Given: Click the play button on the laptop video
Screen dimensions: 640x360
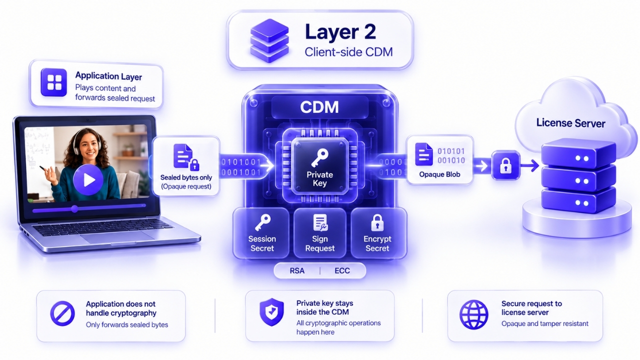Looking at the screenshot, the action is tap(88, 179).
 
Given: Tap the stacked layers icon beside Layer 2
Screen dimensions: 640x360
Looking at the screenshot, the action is tap(269, 40).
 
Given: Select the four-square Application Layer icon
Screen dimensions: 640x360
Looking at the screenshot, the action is tap(54, 82).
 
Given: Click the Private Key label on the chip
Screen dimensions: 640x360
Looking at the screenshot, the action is tap(319, 179).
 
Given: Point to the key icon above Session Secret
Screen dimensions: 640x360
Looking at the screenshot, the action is tap(262, 223).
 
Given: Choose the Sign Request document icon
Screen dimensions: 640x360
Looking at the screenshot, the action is tap(320, 223).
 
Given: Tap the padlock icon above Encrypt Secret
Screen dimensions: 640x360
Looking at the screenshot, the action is tap(377, 222).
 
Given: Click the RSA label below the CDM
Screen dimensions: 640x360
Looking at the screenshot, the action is tap(297, 270).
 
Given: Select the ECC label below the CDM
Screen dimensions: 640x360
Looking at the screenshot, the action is tap(342, 270).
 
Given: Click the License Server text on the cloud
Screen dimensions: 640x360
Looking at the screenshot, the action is tap(570, 123).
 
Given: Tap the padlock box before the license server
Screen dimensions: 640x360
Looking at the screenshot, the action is tap(505, 165).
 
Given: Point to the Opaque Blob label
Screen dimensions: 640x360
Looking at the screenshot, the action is tap(439, 174).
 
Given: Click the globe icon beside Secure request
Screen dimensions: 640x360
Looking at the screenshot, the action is tap(473, 314).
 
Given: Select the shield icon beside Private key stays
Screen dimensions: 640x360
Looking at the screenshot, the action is tap(271, 312).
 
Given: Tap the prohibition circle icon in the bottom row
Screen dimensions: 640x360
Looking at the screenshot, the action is tap(62, 313).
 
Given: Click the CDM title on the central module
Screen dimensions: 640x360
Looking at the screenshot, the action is tap(319, 107).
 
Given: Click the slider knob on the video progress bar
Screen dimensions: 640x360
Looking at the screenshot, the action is tap(74, 209).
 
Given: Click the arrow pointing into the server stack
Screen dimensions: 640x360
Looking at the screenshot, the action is tap(529, 165).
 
